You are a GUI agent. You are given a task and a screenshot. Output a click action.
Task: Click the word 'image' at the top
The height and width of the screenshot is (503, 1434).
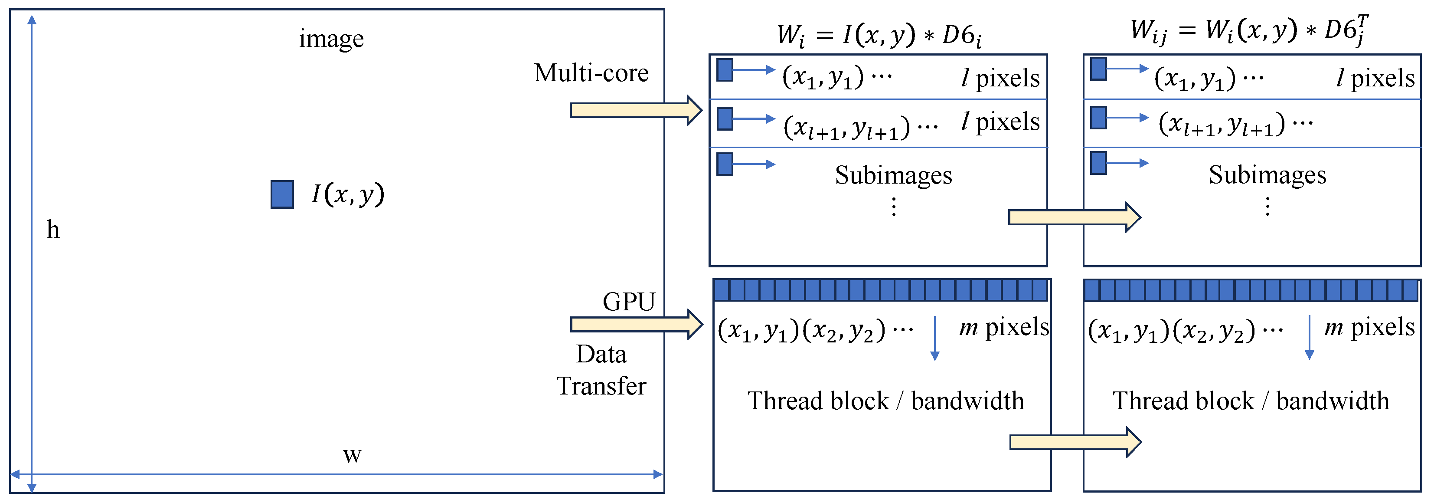pos(331,39)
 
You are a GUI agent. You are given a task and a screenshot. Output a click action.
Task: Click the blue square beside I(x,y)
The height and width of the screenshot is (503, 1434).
pos(282,194)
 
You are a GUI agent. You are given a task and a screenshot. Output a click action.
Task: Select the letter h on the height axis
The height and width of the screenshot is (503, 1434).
pos(53,230)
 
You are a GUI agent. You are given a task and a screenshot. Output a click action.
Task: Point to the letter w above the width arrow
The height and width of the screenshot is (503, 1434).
pos(352,455)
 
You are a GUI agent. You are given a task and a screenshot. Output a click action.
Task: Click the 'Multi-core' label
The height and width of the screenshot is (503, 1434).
pos(591,73)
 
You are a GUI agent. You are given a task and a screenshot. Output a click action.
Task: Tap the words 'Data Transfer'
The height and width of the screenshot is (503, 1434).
pos(601,370)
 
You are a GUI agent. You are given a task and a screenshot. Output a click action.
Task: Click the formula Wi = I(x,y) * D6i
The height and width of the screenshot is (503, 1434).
pos(879,35)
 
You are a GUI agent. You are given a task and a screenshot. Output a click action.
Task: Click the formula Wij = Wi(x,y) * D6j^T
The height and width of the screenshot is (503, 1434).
pos(1249,31)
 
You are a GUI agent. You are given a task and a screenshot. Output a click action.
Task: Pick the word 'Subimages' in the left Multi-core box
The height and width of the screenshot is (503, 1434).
pos(893,175)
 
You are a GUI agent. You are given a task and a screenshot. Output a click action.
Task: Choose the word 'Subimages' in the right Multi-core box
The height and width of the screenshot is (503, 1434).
pos(1267,175)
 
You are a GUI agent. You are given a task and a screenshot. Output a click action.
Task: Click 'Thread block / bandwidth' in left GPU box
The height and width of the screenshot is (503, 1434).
pos(885,401)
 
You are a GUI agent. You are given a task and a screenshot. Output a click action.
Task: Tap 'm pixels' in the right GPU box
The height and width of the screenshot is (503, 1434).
pos(1369,327)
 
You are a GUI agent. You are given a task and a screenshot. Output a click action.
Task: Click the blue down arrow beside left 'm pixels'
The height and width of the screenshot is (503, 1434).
pos(935,338)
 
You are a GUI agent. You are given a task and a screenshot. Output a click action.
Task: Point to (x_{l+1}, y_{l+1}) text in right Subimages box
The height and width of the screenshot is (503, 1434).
pos(1222,124)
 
